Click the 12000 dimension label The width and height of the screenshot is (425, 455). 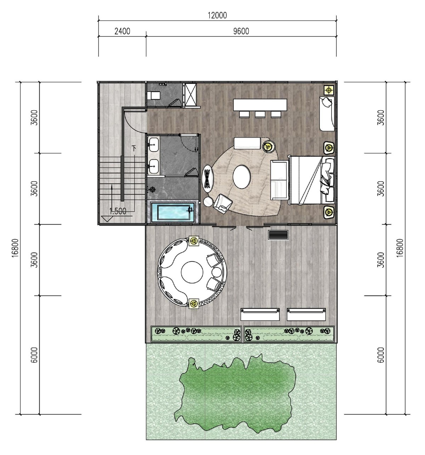(x=217, y=15)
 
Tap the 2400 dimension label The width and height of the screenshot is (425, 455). (x=122, y=31)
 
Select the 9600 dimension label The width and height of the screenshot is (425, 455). (x=241, y=31)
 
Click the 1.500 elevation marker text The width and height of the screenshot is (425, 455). (x=118, y=211)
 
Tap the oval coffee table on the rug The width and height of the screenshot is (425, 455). (x=242, y=177)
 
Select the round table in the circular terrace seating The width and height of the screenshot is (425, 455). (x=192, y=272)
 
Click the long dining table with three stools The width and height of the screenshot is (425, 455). (x=260, y=105)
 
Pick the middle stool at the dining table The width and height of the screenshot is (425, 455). (x=260, y=114)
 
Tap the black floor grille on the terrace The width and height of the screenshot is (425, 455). (x=278, y=235)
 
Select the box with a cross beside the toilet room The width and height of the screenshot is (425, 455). (x=191, y=94)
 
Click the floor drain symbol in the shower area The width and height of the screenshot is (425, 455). (x=153, y=189)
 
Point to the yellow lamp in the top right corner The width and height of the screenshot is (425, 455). (x=329, y=90)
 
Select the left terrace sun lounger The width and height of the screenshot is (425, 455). (x=260, y=314)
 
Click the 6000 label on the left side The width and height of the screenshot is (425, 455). (x=34, y=355)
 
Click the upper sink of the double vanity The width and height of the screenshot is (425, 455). (x=153, y=145)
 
